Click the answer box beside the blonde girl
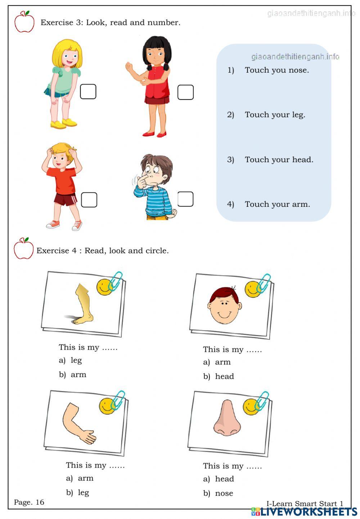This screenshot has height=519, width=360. pyautogui.click(x=88, y=91)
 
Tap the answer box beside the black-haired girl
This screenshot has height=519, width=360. pyautogui.click(x=185, y=92)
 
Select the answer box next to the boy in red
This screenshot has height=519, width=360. pyautogui.click(x=89, y=200)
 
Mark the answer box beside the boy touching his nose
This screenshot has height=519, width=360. pyautogui.click(x=185, y=199)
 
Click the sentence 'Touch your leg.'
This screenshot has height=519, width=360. pyautogui.click(x=275, y=115)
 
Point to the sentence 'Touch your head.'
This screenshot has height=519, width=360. pyautogui.click(x=279, y=159)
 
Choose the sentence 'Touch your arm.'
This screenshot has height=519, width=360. pyautogui.click(x=277, y=204)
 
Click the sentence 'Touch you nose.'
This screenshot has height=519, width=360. pyautogui.click(x=276, y=70)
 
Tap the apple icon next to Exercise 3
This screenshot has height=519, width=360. pyautogui.click(x=24, y=22)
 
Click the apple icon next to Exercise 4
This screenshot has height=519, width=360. pyautogui.click(x=23, y=249)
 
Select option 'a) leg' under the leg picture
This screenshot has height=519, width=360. pyautogui.click(x=71, y=360)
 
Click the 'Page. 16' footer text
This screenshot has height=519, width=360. pyautogui.click(x=29, y=502)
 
